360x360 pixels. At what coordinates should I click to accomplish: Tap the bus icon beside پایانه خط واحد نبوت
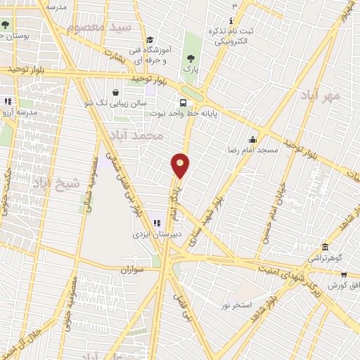click(184, 103)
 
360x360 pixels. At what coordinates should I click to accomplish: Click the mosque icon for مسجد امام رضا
click(252, 138)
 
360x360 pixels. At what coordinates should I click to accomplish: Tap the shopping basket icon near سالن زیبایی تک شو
click(115, 91)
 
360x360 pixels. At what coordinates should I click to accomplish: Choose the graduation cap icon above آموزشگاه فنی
click(150, 40)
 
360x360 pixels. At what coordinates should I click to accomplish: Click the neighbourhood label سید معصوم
click(98, 27)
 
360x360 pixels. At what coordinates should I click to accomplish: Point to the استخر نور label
click(236, 304)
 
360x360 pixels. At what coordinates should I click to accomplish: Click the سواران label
click(131, 269)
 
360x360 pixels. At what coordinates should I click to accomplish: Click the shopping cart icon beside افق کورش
click(343, 275)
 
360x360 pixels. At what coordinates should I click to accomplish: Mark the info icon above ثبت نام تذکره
click(233, 20)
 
